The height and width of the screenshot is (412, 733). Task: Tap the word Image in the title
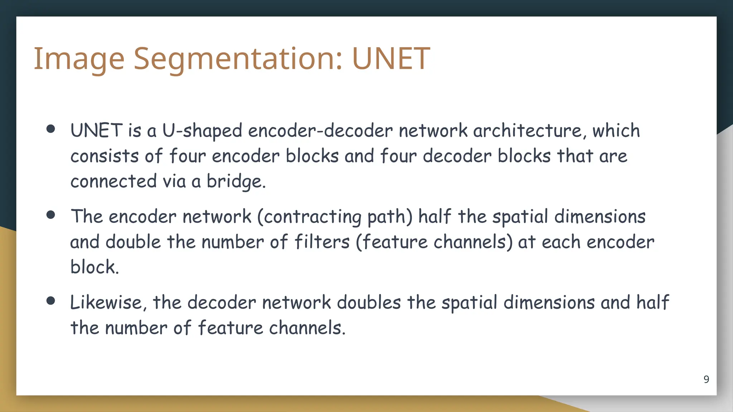click(x=79, y=59)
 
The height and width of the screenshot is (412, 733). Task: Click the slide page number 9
click(x=706, y=379)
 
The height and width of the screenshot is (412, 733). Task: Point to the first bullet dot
click(x=51, y=129)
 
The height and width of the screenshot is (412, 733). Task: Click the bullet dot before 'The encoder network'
click(x=51, y=215)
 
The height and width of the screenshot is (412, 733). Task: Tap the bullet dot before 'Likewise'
click(x=51, y=301)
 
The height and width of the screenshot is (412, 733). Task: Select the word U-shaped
click(x=202, y=131)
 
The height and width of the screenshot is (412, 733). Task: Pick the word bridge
click(x=236, y=182)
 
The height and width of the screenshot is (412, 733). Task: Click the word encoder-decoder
click(x=320, y=131)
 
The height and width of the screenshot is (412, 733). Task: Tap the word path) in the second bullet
click(x=390, y=217)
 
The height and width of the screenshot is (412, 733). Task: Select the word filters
click(x=322, y=242)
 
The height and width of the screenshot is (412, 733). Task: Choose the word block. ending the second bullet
click(x=94, y=267)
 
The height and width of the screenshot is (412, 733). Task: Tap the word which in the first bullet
click(x=616, y=131)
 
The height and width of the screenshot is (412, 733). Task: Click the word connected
click(x=113, y=181)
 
